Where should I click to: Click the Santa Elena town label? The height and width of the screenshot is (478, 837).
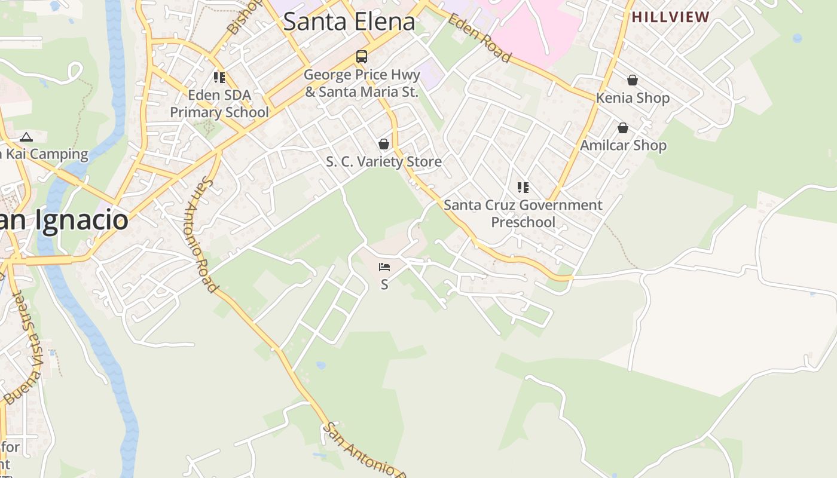[x=349, y=22]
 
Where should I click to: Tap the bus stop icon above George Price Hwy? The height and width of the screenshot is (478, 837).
[x=362, y=57]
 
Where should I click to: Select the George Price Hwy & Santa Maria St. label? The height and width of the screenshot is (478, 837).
[x=362, y=84]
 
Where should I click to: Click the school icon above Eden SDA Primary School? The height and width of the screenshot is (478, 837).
[x=219, y=78]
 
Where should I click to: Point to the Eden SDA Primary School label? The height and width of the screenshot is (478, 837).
[x=219, y=103]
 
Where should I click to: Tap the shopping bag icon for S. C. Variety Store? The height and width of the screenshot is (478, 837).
[x=384, y=144]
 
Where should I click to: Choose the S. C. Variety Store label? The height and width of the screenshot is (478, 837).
[x=384, y=161]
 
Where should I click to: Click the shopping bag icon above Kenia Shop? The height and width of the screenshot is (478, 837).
[x=633, y=80]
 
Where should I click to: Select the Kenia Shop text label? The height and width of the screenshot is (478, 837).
[x=633, y=98]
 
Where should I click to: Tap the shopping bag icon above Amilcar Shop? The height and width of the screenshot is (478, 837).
[x=623, y=128]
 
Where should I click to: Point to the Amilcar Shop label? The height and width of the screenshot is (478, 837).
[x=623, y=145]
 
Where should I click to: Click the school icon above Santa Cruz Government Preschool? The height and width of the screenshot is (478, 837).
[x=523, y=188]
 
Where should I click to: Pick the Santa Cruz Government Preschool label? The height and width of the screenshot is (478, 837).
[x=523, y=213]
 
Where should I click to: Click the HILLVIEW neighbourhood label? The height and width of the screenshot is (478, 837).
[x=671, y=17]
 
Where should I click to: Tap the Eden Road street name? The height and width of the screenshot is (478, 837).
[x=479, y=37]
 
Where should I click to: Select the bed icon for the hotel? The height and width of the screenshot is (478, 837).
[x=384, y=267]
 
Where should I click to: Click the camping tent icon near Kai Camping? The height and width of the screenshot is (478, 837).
[x=26, y=137]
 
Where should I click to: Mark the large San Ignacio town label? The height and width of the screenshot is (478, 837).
[x=63, y=220]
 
